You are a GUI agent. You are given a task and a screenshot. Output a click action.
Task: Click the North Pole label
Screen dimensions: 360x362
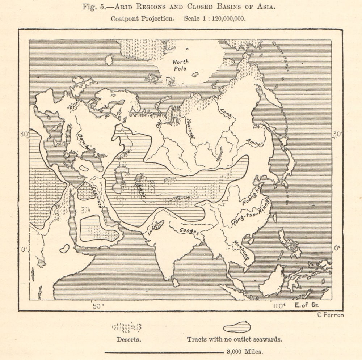tap(180, 65)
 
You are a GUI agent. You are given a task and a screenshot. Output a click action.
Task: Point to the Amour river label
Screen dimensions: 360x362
tap(254, 142)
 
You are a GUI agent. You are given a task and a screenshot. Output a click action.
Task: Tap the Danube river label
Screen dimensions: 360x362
tap(84, 141)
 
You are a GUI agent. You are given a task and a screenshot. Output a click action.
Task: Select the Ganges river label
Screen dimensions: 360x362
tap(188, 230)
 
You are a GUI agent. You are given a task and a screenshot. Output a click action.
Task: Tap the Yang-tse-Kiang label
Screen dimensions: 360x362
tap(251, 213)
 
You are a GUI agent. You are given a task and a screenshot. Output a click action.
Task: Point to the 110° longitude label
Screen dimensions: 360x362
tap(279, 306)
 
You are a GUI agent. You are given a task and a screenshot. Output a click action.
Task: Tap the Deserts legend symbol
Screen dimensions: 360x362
tap(127, 327)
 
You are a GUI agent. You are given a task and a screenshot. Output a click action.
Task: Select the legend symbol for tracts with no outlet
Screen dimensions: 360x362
tap(237, 327)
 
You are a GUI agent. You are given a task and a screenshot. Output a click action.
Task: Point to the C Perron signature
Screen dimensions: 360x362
tap(330, 315)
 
